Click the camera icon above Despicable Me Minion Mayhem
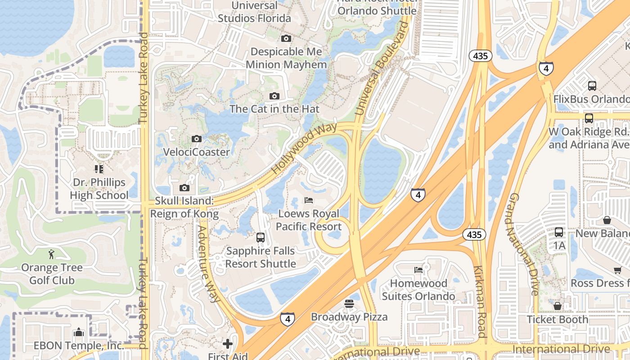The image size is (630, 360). pos(286,39)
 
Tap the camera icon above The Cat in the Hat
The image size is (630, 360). pos(274,96)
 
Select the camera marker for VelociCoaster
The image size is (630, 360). pos(196,139)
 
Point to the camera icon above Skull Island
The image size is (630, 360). pos(184,188)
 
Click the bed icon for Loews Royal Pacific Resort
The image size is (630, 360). pos(309,200)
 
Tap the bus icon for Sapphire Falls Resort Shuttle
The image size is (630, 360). pos(260,238)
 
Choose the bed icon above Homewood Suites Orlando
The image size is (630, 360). pos(418,270)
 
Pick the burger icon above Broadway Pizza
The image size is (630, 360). pos(349,304)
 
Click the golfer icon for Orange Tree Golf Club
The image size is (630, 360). pos(51,254)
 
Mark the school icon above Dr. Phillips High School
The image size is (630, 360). pos(99,169)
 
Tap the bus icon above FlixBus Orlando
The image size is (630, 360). pos(592,85)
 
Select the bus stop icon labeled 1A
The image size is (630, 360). pos(559,232)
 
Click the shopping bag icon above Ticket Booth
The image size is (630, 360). pos(558,306)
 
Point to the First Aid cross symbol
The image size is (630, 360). pos(228,344)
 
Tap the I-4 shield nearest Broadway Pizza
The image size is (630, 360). pos(288,319)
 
